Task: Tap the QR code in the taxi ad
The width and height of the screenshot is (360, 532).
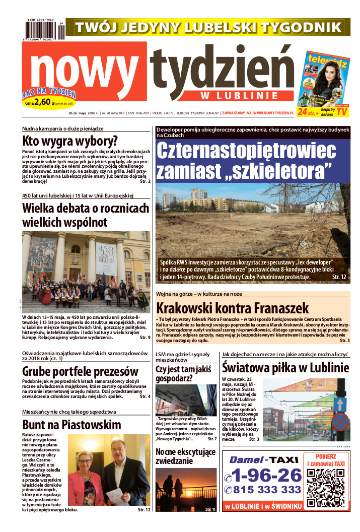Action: coord(325,488)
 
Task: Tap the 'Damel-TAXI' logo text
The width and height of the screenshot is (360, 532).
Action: coord(261,459)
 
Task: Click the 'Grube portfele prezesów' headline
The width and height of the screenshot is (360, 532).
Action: coord(80,371)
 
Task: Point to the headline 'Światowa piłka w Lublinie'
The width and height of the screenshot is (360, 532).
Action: coord(285,368)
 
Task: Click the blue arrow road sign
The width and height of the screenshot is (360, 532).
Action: coord(340,404)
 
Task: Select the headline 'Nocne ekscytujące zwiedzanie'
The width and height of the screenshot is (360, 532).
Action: coord(186,455)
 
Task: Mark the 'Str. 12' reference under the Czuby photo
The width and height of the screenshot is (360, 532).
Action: coord(339,277)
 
